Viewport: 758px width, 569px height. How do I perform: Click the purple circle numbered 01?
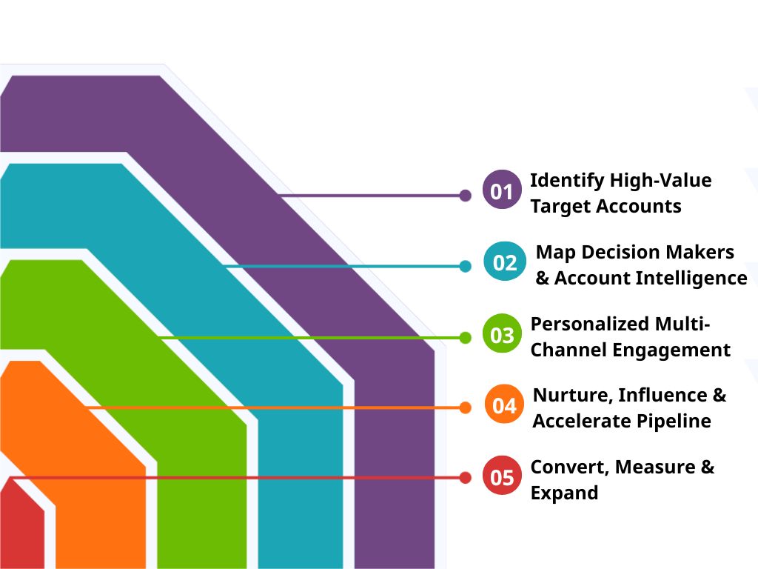point(502,191)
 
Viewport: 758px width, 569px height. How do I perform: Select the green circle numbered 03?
point(502,335)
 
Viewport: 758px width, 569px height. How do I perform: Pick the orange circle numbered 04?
point(504,405)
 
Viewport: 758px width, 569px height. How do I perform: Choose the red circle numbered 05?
point(502,477)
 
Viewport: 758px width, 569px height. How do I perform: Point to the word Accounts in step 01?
point(639,206)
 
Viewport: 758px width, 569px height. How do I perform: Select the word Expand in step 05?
point(564,493)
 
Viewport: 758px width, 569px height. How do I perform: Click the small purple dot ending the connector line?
point(465,196)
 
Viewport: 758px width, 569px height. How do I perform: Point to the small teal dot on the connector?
point(465,266)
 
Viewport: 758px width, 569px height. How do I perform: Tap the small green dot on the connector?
point(465,338)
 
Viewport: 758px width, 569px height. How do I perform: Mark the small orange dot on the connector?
point(465,407)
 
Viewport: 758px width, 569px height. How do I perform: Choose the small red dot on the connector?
point(465,478)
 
